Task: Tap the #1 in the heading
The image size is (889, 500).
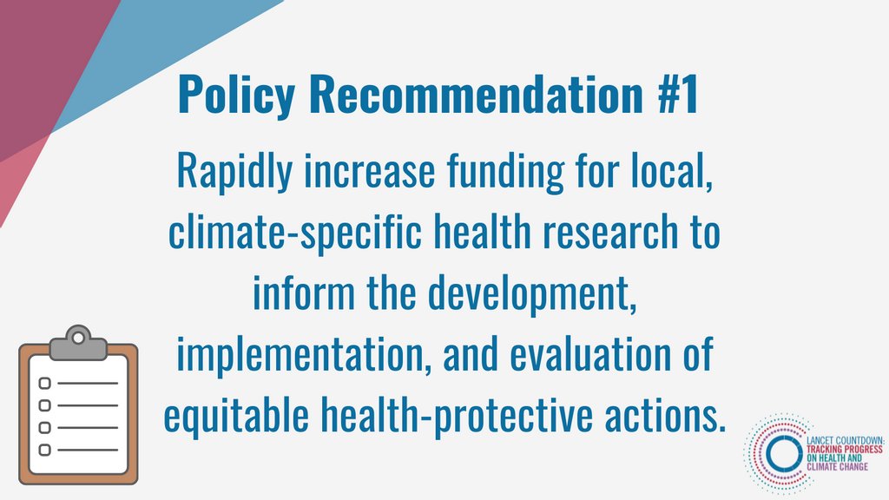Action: (x=675, y=96)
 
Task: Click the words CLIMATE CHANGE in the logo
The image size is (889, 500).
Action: (x=837, y=467)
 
